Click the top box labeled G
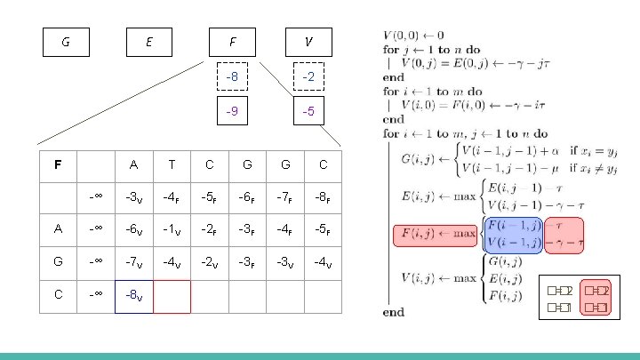(66, 41)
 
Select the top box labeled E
(148, 41)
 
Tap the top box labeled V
(307, 41)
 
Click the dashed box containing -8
(231, 77)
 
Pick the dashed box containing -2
(307, 77)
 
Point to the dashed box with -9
(231, 112)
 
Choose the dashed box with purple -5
(307, 112)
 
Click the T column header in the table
(172, 164)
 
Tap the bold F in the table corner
(58, 164)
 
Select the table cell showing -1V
(172, 228)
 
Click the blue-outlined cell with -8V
(133, 294)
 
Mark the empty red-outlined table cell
(172, 294)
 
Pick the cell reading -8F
(323, 196)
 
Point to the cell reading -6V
(133, 228)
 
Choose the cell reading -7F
(284, 196)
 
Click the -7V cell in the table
(133, 261)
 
